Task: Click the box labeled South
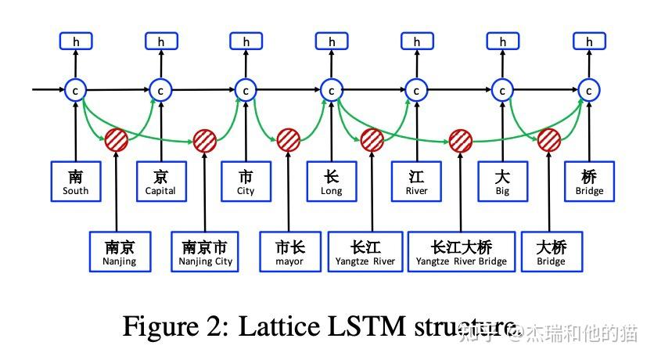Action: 76,182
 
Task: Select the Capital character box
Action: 160,182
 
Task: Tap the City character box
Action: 246,182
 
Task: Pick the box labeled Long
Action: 331,182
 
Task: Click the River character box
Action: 416,182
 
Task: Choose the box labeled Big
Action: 502,182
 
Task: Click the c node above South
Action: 76,91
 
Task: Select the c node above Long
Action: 331,91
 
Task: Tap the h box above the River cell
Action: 416,41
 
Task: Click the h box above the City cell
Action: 246,41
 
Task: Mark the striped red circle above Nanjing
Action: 117,140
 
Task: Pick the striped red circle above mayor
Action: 289,140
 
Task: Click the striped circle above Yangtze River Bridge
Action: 461,140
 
